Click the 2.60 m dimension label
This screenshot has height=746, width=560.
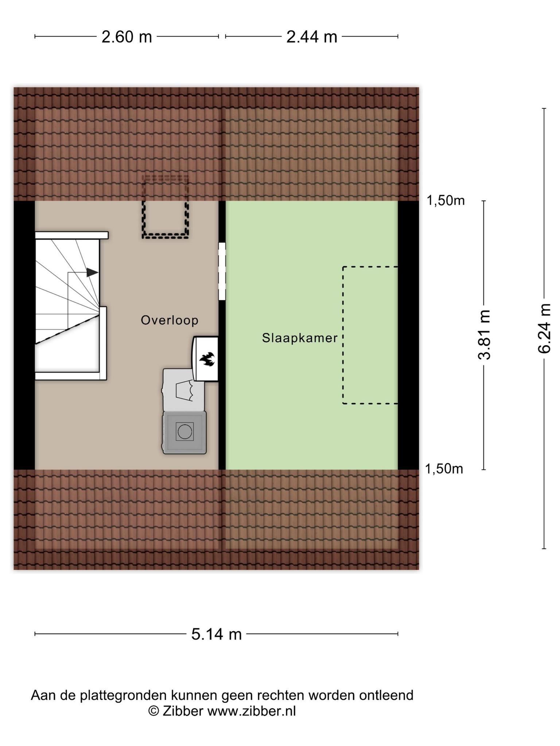pyautogui.click(x=127, y=37)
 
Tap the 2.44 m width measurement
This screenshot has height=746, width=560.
pyautogui.click(x=312, y=37)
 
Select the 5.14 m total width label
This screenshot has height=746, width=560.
pyautogui.click(x=217, y=634)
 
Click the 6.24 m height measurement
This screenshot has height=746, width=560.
pyautogui.click(x=544, y=328)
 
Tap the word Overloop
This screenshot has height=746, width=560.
pyautogui.click(x=170, y=320)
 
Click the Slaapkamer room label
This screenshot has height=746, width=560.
pyautogui.click(x=300, y=338)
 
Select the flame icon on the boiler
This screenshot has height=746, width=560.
pyautogui.click(x=207, y=359)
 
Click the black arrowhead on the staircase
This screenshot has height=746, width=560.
pyautogui.click(x=93, y=272)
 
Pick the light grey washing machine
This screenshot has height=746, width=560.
pyautogui.click(x=183, y=390)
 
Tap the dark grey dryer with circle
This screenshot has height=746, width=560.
pyautogui.click(x=184, y=432)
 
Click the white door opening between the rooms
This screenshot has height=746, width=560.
pyautogui.click(x=222, y=271)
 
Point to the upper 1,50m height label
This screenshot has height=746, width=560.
pyautogui.click(x=446, y=201)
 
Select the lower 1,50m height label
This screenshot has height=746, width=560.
pyautogui.click(x=444, y=469)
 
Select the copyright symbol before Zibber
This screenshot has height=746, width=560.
pyautogui.click(x=153, y=711)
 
